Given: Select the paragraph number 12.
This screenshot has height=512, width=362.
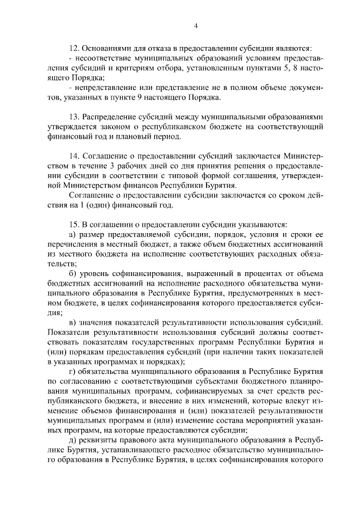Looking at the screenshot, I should [72, 50].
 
